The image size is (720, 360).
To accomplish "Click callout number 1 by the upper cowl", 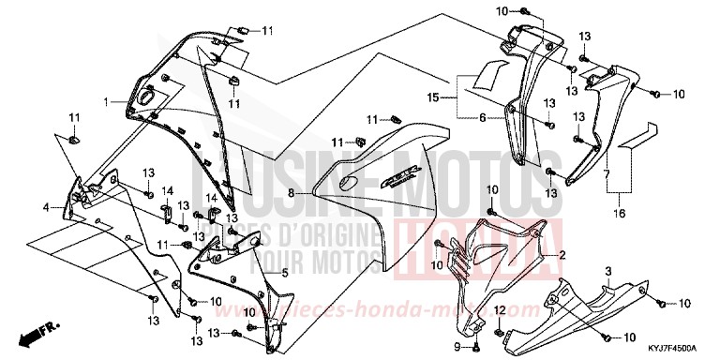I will point(107,100).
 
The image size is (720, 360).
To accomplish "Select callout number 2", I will point(562,256).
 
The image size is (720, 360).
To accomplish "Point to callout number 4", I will point(45,206).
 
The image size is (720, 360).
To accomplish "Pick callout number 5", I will point(284,274).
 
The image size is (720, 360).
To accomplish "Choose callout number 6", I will point(483,119).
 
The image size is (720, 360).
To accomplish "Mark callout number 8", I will point(292,192).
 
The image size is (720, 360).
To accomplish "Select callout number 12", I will point(501,310).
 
